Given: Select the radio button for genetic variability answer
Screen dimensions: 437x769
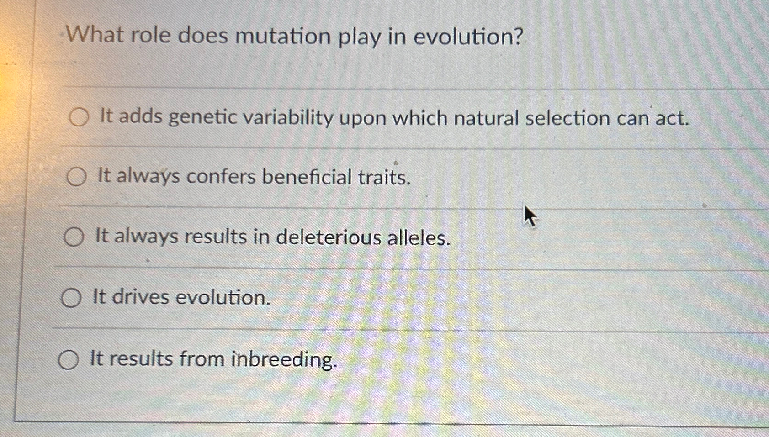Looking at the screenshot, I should [79, 117].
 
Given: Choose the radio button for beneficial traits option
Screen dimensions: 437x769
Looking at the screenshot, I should [76, 177].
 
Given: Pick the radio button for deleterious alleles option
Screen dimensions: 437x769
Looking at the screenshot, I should [74, 237].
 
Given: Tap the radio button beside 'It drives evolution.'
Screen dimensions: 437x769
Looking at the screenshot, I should [71, 298].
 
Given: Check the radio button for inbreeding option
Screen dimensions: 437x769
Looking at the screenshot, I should [69, 360].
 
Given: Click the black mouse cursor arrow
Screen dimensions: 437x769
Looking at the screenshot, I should [530, 216].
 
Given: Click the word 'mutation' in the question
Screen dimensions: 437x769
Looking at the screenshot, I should [282, 36].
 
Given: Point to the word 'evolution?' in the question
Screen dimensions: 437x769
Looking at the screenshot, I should [468, 36].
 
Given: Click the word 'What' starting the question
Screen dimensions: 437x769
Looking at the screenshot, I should [96, 35].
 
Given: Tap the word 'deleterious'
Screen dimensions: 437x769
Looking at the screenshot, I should [329, 237].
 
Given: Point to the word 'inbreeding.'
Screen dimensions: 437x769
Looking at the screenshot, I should [285, 360].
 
